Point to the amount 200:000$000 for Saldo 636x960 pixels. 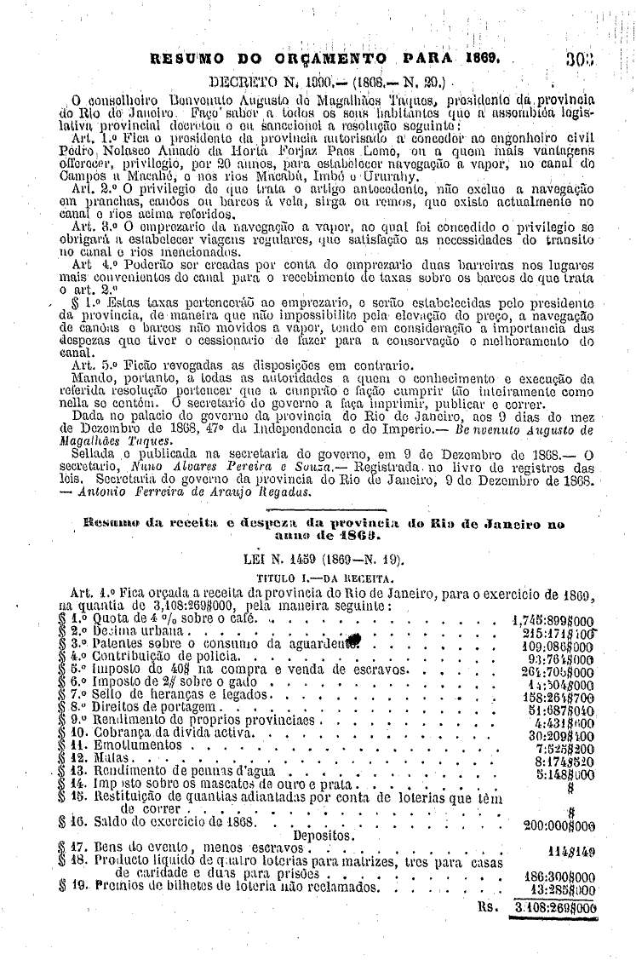[x=559, y=825]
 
